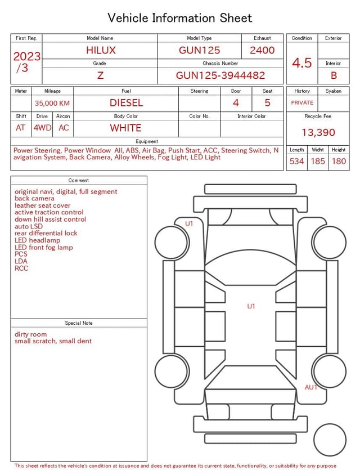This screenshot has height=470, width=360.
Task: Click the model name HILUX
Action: click(x=101, y=50)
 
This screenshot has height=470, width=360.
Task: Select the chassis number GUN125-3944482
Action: click(x=220, y=75)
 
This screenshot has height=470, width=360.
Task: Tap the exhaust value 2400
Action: click(x=262, y=50)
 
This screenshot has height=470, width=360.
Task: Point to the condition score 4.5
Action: click(x=301, y=62)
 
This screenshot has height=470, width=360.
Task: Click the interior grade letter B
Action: click(x=334, y=75)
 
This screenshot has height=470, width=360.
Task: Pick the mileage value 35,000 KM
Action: click(x=52, y=103)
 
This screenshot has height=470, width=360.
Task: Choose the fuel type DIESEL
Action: click(x=126, y=102)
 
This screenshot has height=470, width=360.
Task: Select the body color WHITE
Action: click(x=125, y=128)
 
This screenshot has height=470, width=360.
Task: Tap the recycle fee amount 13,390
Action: click(x=318, y=132)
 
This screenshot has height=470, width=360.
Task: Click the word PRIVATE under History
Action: click(x=302, y=103)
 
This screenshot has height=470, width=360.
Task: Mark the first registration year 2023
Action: click(x=26, y=56)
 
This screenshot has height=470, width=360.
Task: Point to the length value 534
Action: click(x=296, y=162)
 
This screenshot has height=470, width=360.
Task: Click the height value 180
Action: click(x=339, y=162)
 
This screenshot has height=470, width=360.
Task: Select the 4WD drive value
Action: click(x=42, y=128)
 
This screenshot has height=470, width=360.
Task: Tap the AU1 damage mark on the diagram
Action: click(x=311, y=387)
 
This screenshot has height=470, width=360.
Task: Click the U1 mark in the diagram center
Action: click(x=251, y=306)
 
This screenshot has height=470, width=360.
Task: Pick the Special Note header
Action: click(x=79, y=323)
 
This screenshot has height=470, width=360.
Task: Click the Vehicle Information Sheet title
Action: click(x=180, y=18)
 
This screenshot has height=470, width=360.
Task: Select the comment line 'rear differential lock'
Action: click(x=46, y=233)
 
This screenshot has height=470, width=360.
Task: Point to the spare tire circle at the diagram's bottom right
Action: click(x=330, y=440)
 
